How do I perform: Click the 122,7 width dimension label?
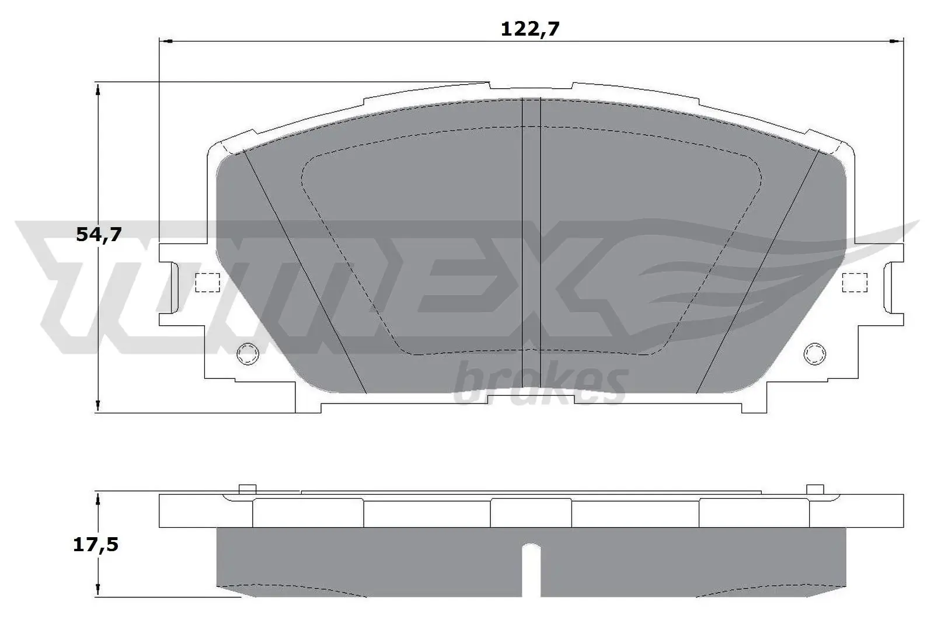point(530,29)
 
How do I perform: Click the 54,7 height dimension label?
point(98,235)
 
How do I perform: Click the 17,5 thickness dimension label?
point(96,545)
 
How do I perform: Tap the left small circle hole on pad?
point(246,353)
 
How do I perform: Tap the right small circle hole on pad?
point(815,353)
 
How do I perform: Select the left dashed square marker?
point(206,283)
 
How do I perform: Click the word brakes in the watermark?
point(540,384)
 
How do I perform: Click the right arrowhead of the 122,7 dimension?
point(898,41)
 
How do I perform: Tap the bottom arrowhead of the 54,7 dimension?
point(98,406)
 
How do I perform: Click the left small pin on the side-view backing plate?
point(248,489)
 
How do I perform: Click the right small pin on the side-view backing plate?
point(814,489)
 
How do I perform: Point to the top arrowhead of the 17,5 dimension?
point(98,498)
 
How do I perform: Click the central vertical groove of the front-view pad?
point(530,234)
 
